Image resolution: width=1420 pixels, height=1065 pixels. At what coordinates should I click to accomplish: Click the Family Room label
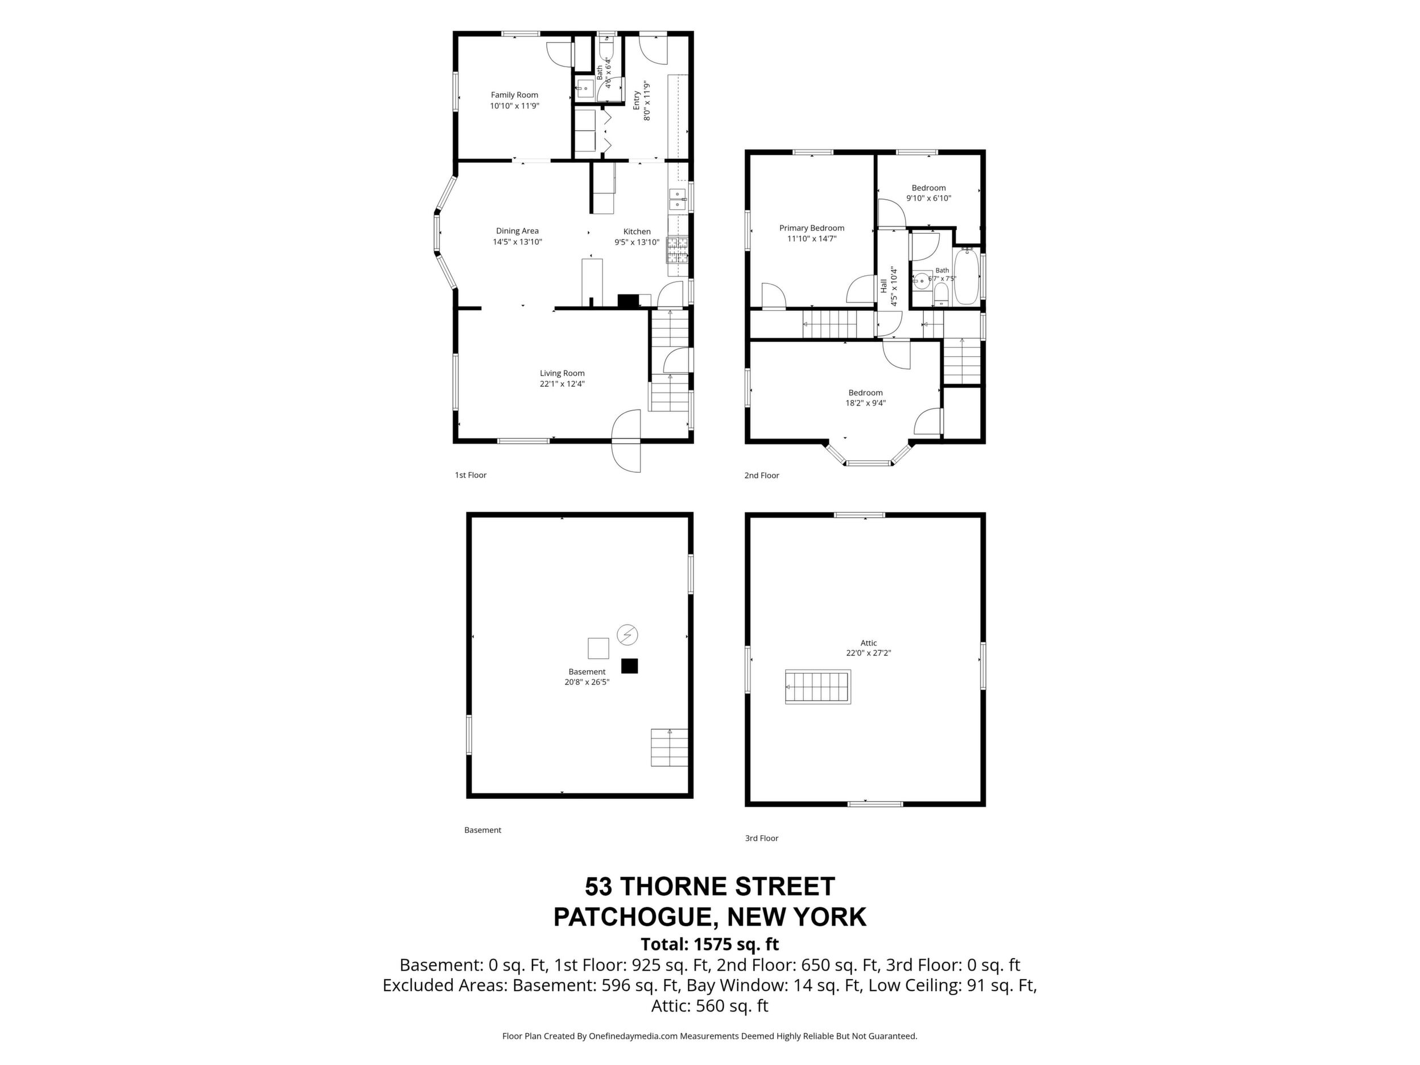(514, 95)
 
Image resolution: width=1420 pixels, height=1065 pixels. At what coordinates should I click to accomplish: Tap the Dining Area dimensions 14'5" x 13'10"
(517, 242)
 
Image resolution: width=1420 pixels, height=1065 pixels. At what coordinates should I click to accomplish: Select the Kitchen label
(637, 232)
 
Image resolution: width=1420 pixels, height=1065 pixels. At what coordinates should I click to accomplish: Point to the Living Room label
(562, 373)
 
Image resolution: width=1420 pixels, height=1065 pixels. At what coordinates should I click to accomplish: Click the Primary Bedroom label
(811, 228)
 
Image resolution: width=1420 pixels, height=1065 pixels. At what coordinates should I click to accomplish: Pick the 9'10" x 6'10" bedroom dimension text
(928, 199)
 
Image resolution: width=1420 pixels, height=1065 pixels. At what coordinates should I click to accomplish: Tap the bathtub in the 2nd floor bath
(965, 276)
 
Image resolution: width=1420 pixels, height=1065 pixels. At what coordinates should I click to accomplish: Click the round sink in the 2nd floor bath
(922, 280)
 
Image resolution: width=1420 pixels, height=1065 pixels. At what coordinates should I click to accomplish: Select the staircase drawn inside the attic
(818, 687)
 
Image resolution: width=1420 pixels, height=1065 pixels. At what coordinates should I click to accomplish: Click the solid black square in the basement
(629, 666)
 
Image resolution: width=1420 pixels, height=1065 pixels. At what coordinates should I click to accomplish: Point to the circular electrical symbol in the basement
(627, 635)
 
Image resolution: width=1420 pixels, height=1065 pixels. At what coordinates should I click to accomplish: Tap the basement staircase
(670, 747)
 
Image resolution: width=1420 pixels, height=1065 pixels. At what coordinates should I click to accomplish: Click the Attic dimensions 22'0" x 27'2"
(869, 653)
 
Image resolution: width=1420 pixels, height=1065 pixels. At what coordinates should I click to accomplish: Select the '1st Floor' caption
(470, 475)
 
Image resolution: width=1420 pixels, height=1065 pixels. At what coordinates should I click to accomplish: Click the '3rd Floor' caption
(761, 838)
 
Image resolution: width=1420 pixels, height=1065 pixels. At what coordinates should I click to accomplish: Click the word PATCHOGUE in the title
(630, 917)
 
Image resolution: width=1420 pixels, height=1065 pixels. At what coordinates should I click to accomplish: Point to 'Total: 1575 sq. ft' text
(709, 944)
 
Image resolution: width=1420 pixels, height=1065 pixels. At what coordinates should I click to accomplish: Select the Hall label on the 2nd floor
(884, 286)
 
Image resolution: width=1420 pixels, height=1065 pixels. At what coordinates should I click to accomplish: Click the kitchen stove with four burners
(677, 251)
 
